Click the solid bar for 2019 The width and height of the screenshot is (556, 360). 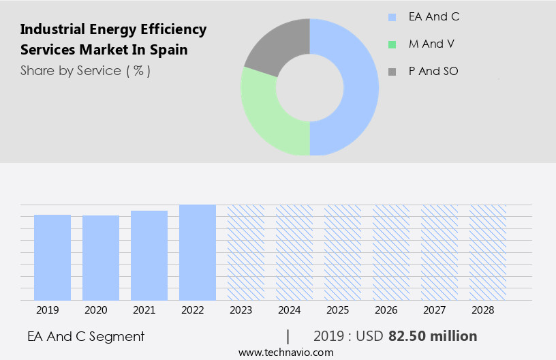click(x=52, y=257)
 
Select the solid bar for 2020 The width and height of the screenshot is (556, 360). click(x=101, y=258)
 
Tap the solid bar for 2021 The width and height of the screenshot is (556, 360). click(x=149, y=255)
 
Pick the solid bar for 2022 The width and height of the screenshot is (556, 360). click(x=198, y=252)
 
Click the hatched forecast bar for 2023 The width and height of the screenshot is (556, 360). click(x=246, y=252)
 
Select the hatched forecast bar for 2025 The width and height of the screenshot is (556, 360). click(x=343, y=252)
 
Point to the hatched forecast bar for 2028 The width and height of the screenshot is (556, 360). click(x=488, y=252)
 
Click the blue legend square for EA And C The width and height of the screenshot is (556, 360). click(x=392, y=17)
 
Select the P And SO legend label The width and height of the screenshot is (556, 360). click(x=433, y=71)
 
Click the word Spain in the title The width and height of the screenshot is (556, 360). click(x=169, y=50)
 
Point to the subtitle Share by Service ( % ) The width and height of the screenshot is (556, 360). click(x=85, y=70)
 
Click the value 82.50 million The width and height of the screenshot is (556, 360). click(x=433, y=336)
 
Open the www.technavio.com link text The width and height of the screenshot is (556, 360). click(x=285, y=352)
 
